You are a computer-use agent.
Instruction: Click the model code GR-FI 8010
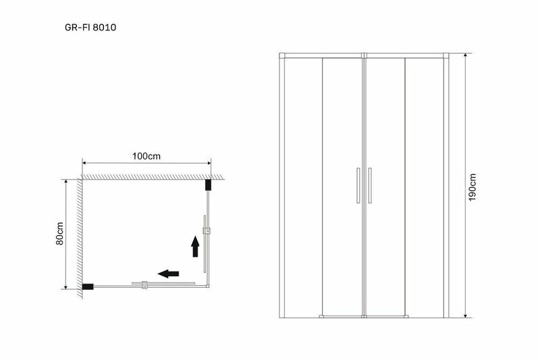click(90, 27)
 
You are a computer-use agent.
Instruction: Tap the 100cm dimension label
click(146, 156)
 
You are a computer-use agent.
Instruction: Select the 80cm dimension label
click(60, 233)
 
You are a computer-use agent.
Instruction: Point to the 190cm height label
click(472, 187)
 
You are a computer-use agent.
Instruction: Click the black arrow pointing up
click(195, 247)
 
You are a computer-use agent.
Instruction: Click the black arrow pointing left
click(168, 274)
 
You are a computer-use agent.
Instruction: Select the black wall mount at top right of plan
click(208, 185)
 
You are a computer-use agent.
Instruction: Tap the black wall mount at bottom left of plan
click(88, 286)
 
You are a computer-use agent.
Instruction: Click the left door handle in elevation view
click(358, 185)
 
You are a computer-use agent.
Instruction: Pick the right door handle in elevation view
click(370, 185)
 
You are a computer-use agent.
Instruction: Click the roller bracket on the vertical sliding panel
click(207, 230)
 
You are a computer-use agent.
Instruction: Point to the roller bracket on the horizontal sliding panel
click(144, 284)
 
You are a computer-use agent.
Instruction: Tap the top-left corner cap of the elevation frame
click(282, 55)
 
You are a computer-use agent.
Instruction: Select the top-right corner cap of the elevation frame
click(446, 55)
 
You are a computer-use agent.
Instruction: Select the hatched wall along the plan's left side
click(80, 238)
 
